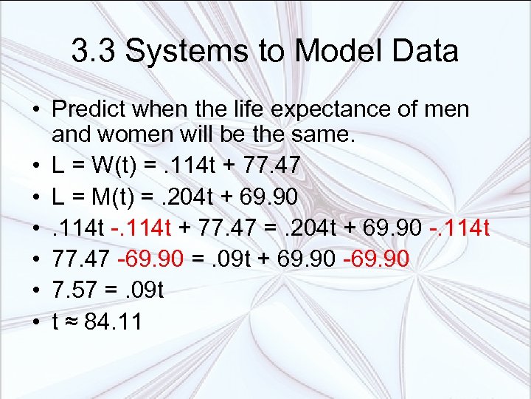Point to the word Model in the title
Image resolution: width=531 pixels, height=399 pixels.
click(x=330, y=52)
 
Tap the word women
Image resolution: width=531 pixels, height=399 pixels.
click(x=143, y=136)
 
